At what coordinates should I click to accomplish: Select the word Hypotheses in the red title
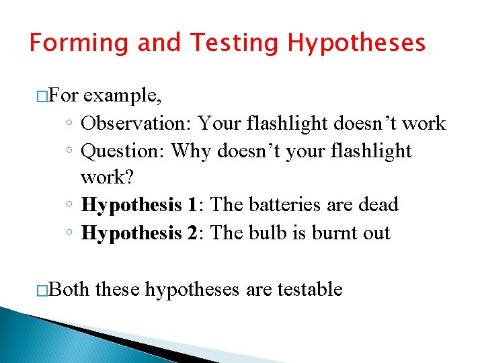357,43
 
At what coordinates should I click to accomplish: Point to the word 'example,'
124,96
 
